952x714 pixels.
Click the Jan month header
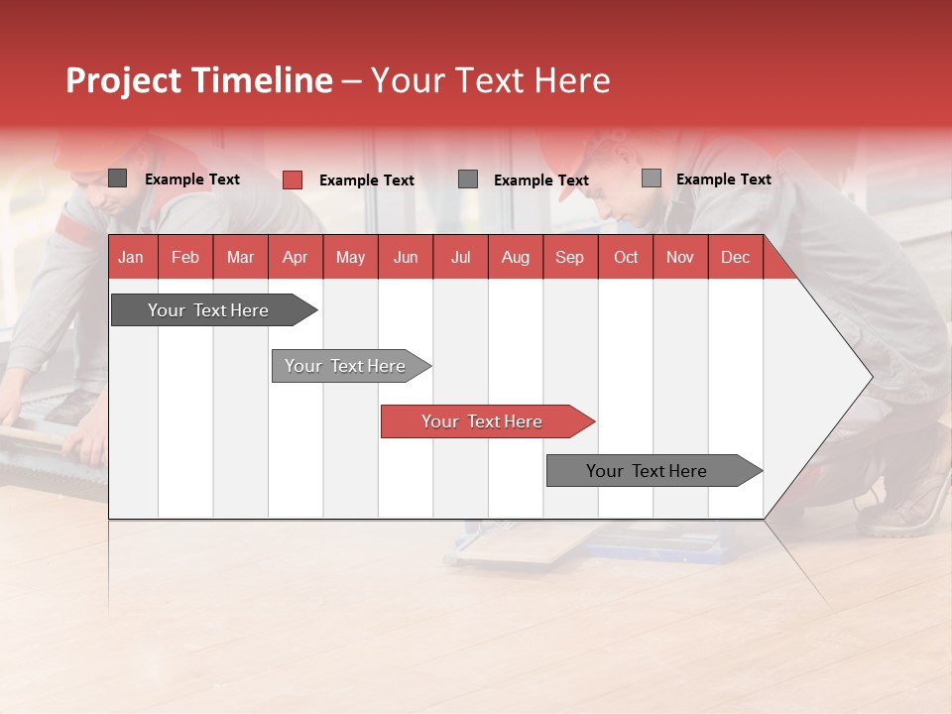(132, 257)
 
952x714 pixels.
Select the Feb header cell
(185, 257)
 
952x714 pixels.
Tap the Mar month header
(240, 257)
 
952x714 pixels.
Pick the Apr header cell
(296, 257)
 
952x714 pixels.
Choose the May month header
(350, 257)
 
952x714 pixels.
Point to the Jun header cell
(406, 257)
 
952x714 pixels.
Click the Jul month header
(460, 257)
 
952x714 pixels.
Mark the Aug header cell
(516, 257)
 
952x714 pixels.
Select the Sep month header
(570, 257)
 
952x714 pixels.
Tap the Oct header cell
(626, 257)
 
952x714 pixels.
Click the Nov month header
(680, 257)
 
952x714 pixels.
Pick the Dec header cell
(736, 257)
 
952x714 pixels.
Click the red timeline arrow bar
(486, 421)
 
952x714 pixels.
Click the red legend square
(292, 179)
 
